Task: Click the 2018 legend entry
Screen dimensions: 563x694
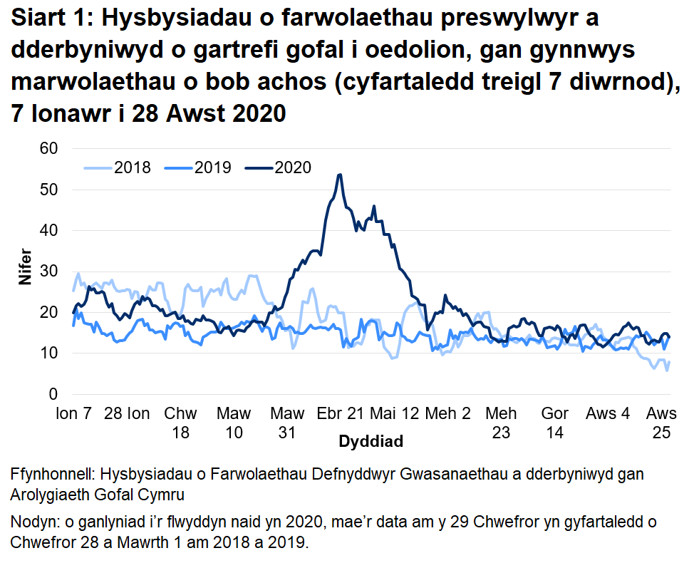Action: (118, 167)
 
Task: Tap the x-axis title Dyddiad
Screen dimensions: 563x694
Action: (371, 441)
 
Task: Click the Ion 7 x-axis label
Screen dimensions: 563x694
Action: (73, 413)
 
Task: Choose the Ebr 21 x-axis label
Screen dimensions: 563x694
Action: (341, 413)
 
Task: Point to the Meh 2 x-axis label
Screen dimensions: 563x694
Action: (447, 413)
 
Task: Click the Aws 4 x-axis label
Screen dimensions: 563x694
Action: (608, 413)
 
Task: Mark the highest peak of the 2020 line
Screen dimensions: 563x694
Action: (340, 175)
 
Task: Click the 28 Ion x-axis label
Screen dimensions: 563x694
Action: (127, 413)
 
